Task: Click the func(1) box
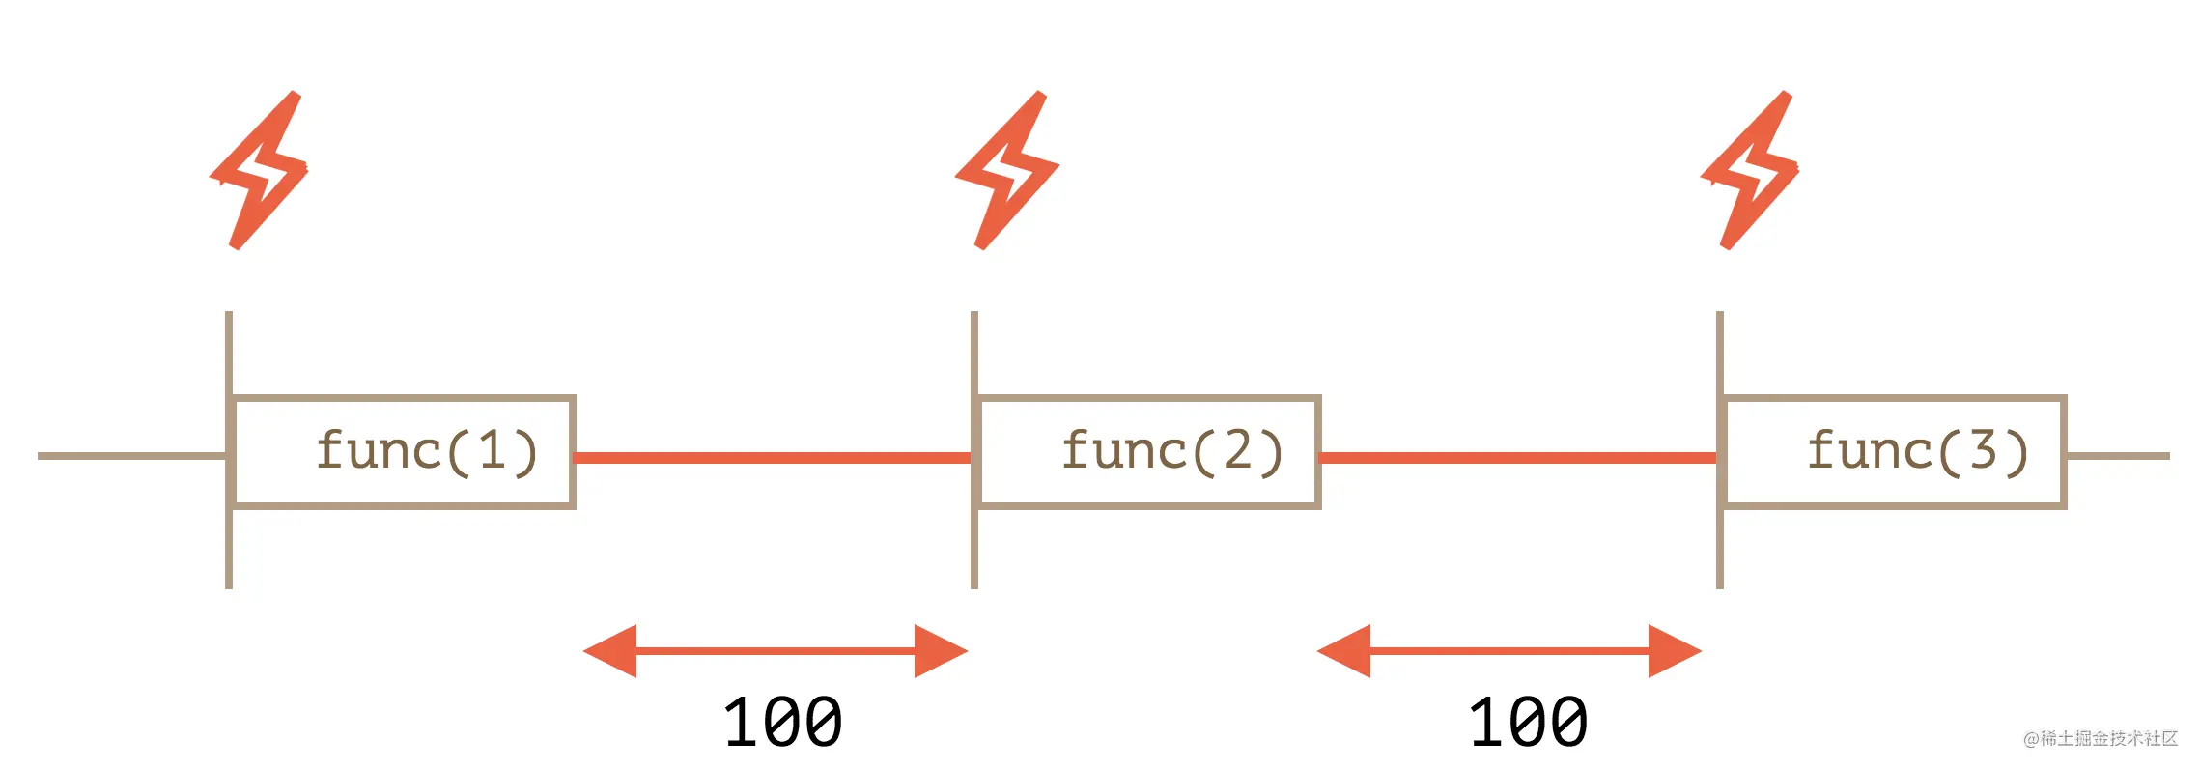[404, 451]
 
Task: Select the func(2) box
[1149, 451]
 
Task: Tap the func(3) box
[1895, 451]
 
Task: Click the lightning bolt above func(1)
[260, 171]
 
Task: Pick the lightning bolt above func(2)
[1006, 171]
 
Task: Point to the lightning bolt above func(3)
[1751, 171]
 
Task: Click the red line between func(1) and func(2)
[773, 457]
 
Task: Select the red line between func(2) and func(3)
[1518, 457]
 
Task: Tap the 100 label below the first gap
[783, 723]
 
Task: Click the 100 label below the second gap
[1529, 723]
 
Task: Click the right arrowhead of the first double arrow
[939, 651]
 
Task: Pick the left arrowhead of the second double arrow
[1345, 651]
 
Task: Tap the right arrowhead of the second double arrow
[1673, 651]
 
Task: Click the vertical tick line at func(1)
[229, 551]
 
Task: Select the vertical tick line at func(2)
[974, 551]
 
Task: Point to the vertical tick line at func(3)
[1720, 551]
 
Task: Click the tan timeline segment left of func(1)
[130, 456]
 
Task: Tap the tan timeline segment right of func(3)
[2117, 456]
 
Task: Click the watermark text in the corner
[2101, 739]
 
